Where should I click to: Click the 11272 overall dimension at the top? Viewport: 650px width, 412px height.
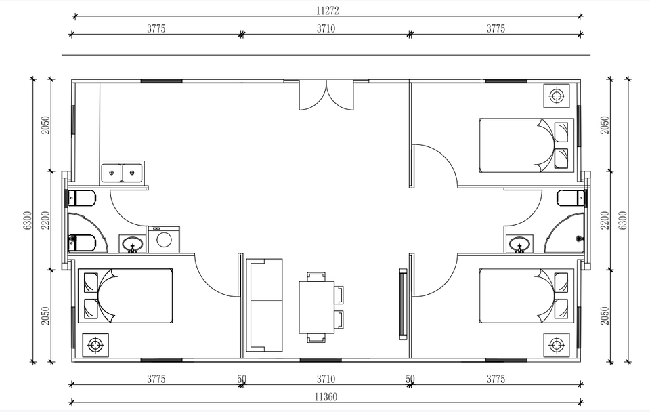click(x=328, y=11)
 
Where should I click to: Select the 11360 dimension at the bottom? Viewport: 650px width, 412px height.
click(x=326, y=397)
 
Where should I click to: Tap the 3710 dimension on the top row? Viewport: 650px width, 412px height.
click(x=326, y=28)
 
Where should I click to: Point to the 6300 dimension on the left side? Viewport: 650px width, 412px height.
click(x=27, y=220)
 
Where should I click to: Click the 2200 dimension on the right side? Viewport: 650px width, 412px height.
click(x=605, y=220)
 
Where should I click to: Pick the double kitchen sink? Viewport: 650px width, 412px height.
click(x=122, y=173)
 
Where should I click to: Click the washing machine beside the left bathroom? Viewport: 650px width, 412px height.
click(x=164, y=239)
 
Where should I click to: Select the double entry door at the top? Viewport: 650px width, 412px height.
click(x=326, y=95)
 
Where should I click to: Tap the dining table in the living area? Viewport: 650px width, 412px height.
click(x=317, y=307)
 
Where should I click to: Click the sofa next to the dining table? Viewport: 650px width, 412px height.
click(x=264, y=305)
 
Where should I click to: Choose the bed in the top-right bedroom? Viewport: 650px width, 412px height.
click(x=527, y=145)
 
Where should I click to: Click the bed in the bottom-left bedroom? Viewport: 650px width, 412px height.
click(x=125, y=295)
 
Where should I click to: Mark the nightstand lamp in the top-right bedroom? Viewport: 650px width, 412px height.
click(x=557, y=96)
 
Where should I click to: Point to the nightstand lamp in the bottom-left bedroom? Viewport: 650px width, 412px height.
click(x=95, y=345)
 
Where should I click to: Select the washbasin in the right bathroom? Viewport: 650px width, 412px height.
click(x=519, y=243)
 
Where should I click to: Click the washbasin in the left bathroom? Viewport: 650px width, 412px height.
click(x=133, y=244)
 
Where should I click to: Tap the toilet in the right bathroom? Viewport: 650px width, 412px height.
click(x=571, y=198)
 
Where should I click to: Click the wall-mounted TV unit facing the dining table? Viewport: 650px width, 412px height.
click(x=403, y=304)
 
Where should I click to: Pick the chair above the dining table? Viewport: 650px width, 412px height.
click(x=316, y=276)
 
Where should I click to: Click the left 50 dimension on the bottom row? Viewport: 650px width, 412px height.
click(x=242, y=379)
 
